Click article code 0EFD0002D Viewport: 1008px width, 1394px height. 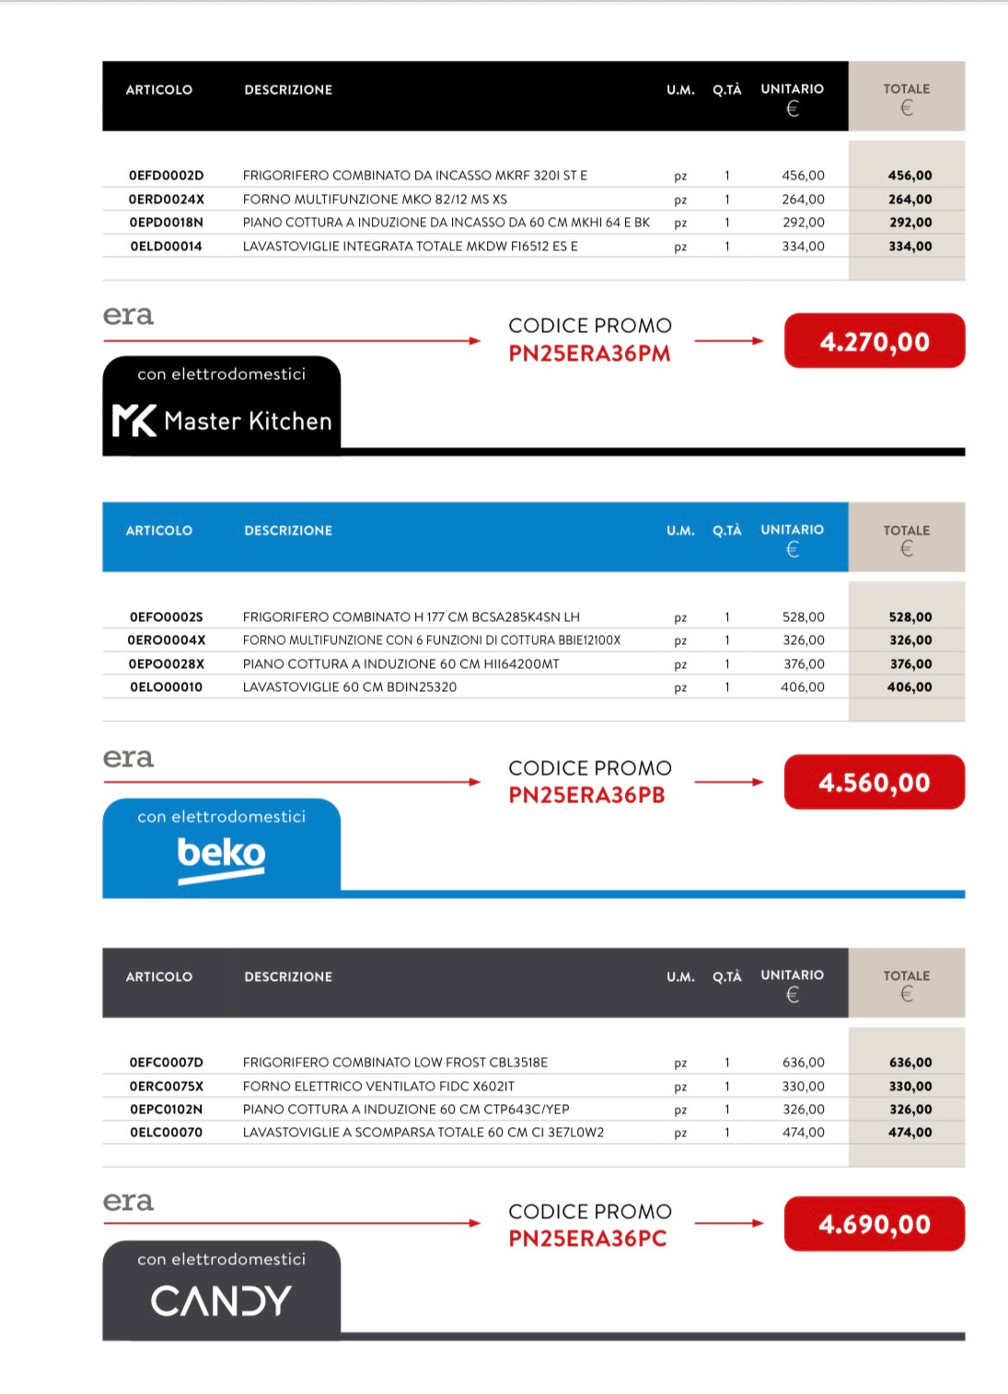[166, 176]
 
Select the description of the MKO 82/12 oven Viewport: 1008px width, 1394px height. [375, 200]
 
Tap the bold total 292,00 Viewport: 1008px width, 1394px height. [910, 223]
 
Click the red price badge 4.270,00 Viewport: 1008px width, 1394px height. [874, 341]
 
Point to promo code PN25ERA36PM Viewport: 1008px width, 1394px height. [589, 354]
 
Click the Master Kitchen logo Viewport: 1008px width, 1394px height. [222, 421]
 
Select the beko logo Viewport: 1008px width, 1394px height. [221, 857]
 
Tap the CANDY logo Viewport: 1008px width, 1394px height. [221, 1301]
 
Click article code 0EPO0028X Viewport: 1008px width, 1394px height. [167, 664]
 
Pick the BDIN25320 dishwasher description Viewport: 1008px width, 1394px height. [350, 687]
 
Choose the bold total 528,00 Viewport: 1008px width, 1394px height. [910, 617]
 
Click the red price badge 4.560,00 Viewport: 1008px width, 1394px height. [874, 783]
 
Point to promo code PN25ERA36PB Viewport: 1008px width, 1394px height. [586, 796]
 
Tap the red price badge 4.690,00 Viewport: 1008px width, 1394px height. [874, 1225]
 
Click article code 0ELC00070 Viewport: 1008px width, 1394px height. [166, 1133]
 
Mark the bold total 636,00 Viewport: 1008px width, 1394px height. [910, 1063]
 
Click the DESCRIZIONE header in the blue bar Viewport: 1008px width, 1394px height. [288, 531]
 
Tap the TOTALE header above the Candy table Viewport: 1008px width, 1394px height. [906, 976]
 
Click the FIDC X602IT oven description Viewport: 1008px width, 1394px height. [378, 1087]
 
